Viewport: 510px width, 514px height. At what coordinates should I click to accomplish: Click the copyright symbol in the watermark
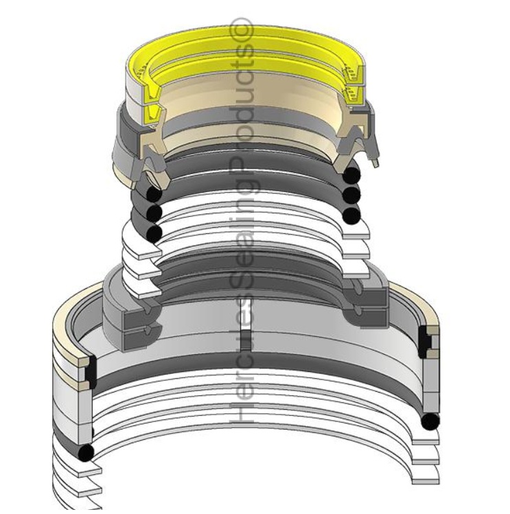click(246, 32)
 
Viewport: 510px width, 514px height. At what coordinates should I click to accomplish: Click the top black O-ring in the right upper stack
click(352, 173)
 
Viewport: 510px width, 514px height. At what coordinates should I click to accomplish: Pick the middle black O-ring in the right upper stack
click(352, 194)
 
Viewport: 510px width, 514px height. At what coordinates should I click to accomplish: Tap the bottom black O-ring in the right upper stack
click(351, 216)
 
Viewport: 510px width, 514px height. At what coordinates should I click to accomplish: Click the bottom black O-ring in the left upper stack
click(154, 233)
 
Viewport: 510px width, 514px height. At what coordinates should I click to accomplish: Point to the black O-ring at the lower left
click(86, 453)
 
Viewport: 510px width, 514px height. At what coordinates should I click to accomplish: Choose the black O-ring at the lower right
click(430, 421)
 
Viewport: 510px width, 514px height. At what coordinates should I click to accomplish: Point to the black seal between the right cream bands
click(427, 341)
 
